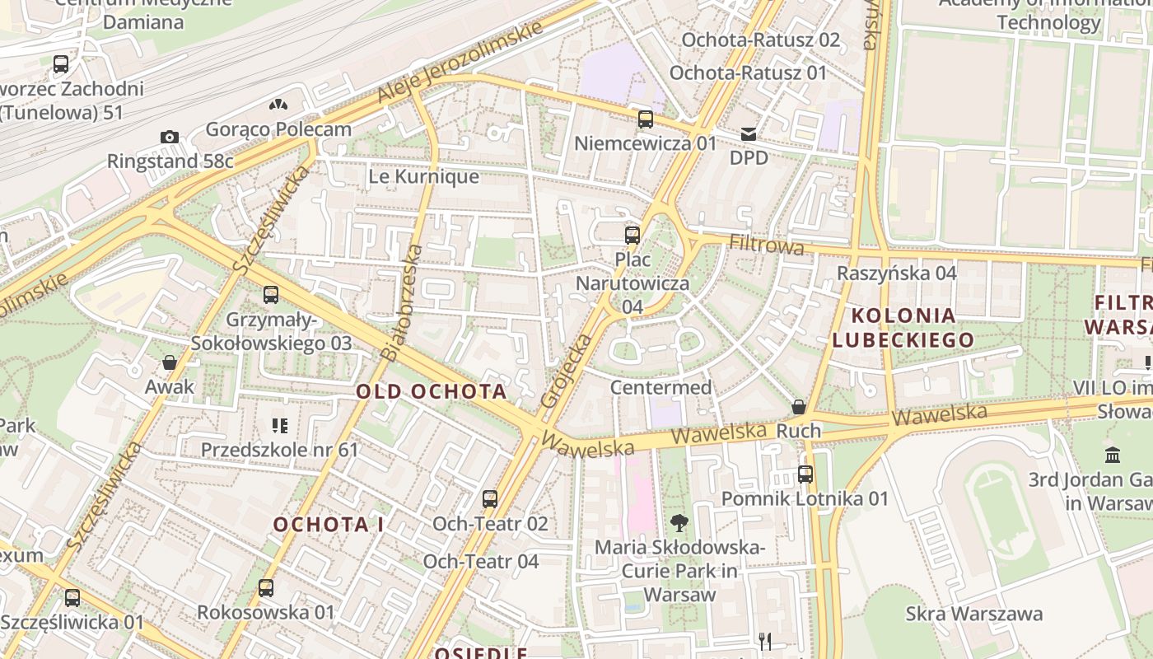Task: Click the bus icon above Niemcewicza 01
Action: click(646, 119)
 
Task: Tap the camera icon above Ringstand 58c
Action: click(169, 137)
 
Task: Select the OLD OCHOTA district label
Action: click(431, 391)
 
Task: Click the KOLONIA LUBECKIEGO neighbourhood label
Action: click(903, 327)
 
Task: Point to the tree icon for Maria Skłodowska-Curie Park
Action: click(679, 522)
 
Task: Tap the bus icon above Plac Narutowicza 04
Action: click(632, 235)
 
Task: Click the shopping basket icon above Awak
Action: click(170, 362)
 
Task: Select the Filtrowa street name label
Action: click(766, 245)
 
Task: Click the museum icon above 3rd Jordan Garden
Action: click(1113, 455)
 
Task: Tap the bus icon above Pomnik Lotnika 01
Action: click(805, 474)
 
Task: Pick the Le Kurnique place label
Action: click(423, 176)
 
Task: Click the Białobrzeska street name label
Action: click(402, 301)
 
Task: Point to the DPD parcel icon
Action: click(748, 133)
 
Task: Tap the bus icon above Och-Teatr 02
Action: click(490, 499)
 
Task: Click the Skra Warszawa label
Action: click(973, 614)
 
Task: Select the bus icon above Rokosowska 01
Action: click(265, 588)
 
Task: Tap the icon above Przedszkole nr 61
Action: click(279, 426)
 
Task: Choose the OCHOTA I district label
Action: click(329, 525)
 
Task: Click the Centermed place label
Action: click(661, 387)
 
